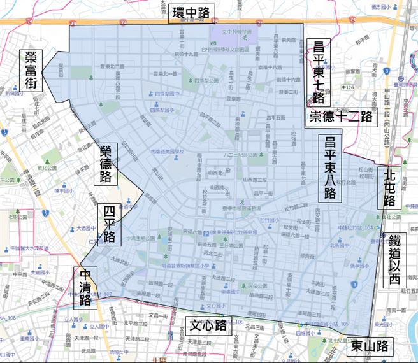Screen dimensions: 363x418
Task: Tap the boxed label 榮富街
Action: [31, 71]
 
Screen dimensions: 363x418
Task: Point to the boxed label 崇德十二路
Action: [341, 117]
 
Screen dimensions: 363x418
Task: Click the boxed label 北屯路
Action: [389, 187]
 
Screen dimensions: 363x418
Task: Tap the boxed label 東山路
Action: [370, 347]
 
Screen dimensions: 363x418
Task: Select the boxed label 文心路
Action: [208, 326]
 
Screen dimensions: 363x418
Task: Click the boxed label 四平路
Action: [109, 225]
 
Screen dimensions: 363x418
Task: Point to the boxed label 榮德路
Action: [105, 164]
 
